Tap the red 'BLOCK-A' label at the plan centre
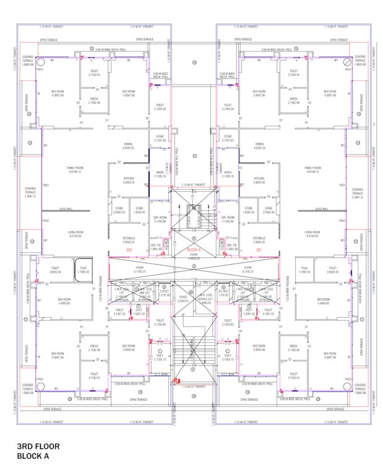coord(193,249)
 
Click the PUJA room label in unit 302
coord(83,270)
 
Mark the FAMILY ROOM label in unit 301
coord(313,169)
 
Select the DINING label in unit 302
coord(128,147)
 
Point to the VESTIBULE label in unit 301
coord(260,239)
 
